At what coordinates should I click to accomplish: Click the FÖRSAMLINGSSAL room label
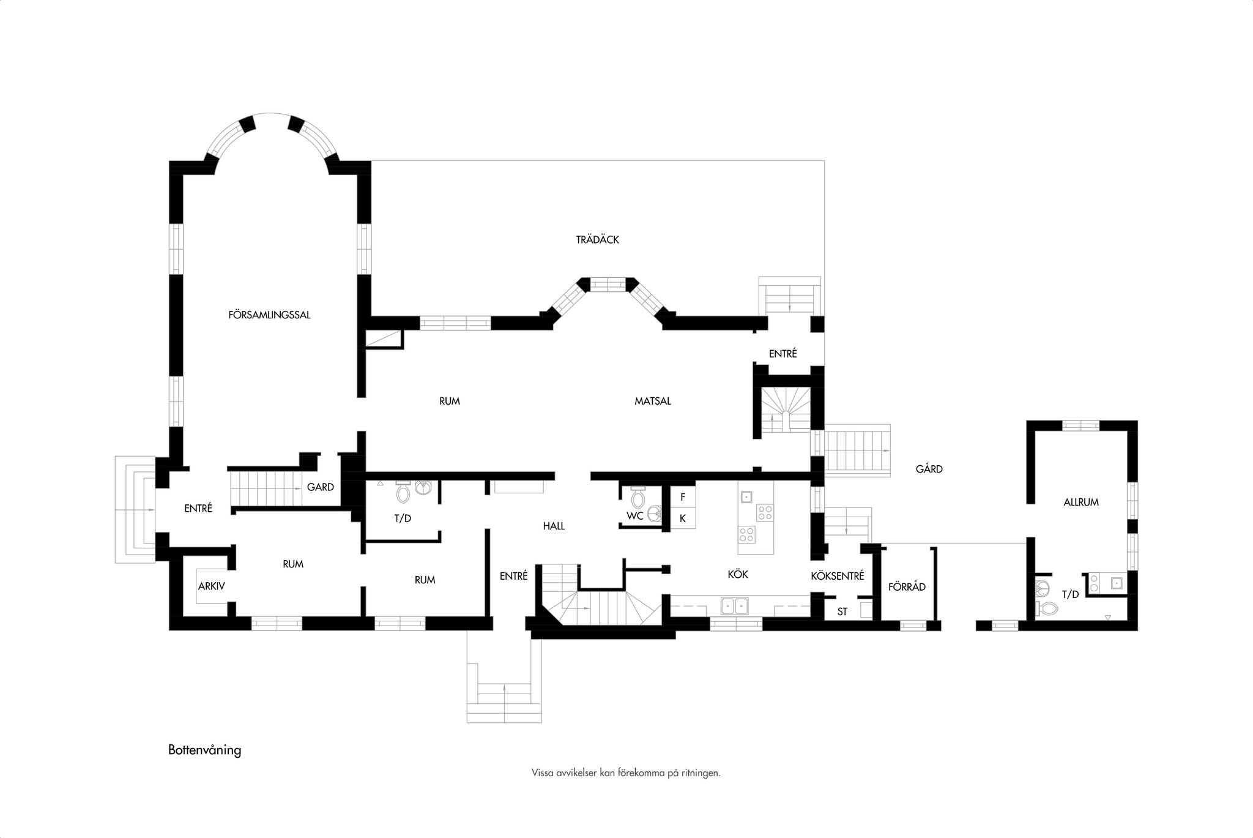269,315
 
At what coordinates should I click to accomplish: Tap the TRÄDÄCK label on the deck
597,239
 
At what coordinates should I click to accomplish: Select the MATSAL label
653,401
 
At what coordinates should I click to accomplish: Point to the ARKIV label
212,586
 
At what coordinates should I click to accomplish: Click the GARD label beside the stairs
321,487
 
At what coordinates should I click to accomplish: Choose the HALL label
554,525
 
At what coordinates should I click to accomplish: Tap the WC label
634,515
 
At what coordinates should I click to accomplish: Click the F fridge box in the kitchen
683,497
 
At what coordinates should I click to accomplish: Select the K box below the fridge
683,518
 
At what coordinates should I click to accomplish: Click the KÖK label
738,574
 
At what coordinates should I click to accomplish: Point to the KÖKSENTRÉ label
838,575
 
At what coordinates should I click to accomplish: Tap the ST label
842,611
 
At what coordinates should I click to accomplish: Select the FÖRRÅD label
907,586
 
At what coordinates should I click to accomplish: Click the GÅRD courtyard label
929,469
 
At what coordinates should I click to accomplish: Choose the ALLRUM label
1081,502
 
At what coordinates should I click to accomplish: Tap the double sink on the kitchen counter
735,605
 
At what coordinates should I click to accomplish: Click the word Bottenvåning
205,750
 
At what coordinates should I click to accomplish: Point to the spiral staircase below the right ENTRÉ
786,409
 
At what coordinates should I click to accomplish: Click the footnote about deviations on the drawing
626,773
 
